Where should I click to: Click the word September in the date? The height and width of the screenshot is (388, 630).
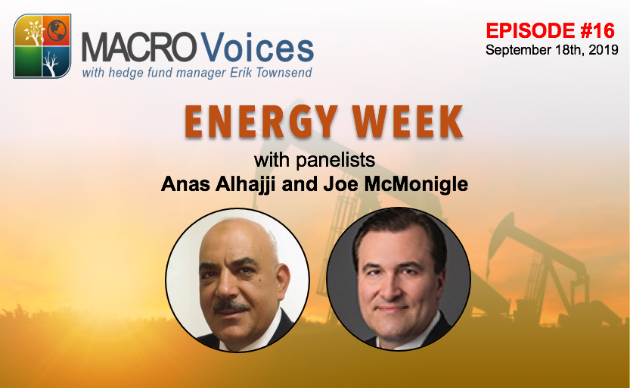pos(515,50)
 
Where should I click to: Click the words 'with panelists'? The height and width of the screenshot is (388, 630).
pos(315,161)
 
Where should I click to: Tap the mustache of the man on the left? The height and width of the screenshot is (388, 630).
pos(231,305)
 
